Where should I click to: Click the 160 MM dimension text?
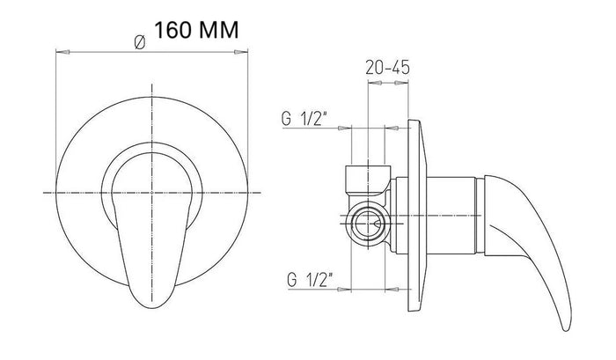pos(196,30)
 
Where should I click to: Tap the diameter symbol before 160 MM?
pos(139,42)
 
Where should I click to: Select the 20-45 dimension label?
pos(387,68)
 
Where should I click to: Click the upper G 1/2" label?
pos(304,119)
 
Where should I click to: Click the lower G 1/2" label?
pos(310,280)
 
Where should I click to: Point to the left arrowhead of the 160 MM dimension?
pos(62,51)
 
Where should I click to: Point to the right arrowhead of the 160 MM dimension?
pos(241,51)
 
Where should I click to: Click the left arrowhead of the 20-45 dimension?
pos(375,83)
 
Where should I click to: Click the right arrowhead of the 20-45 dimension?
pos(401,83)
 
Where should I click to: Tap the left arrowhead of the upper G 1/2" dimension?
pos(344,128)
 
